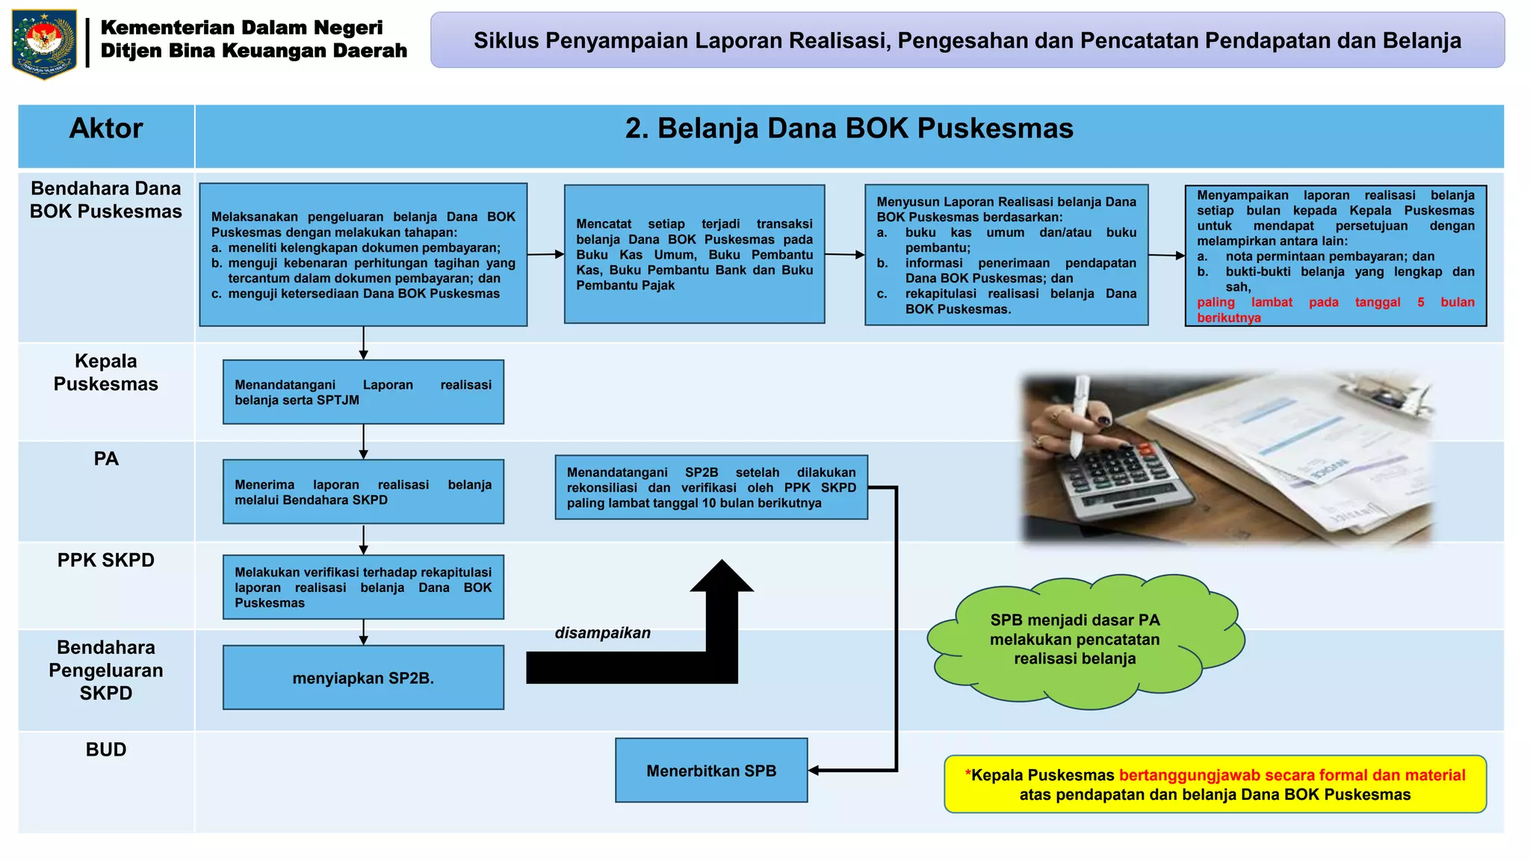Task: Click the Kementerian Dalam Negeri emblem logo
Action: (x=44, y=43)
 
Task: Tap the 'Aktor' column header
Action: (x=106, y=129)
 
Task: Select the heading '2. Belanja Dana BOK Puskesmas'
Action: (x=849, y=129)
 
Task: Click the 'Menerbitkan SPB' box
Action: (x=711, y=771)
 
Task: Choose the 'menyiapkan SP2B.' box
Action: (x=363, y=678)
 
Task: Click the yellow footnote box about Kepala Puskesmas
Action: (x=1215, y=785)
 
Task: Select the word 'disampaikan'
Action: (x=602, y=633)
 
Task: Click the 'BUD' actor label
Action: (x=106, y=750)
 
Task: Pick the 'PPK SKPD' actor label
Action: (x=106, y=560)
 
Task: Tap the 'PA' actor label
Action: (x=106, y=459)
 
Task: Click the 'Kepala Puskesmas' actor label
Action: (x=106, y=372)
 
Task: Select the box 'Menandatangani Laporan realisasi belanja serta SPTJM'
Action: (x=363, y=392)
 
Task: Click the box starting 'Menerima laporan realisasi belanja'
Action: (x=363, y=492)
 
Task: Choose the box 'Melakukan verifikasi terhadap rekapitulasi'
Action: (x=363, y=587)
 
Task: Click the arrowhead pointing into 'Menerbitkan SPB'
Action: (x=814, y=771)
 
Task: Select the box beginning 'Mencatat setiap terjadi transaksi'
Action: (x=694, y=254)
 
